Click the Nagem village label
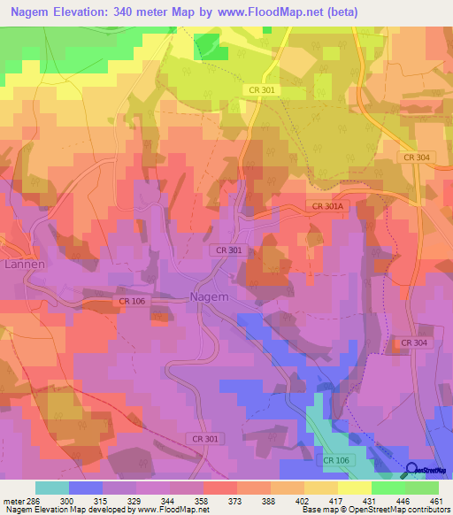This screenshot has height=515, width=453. click(x=211, y=297)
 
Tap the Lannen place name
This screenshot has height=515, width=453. click(x=24, y=264)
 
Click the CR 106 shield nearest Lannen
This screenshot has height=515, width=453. click(x=131, y=303)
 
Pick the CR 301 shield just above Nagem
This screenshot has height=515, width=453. click(x=228, y=251)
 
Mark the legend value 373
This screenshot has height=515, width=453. click(x=237, y=500)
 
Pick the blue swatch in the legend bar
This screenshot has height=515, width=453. click(x=86, y=488)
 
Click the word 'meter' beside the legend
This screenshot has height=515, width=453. click(x=18, y=500)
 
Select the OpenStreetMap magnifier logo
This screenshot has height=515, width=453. click(x=411, y=470)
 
